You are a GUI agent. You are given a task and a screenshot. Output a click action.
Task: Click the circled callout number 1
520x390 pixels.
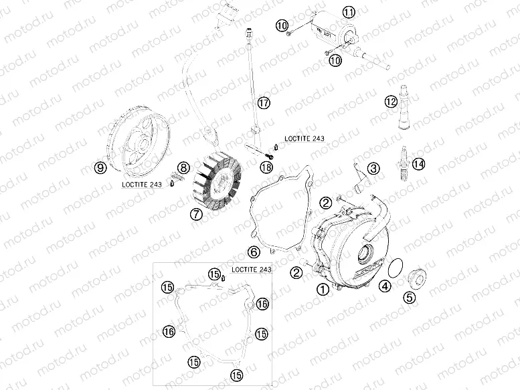click(323, 290)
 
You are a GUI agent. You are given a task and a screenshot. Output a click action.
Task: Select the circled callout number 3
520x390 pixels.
click(373, 168)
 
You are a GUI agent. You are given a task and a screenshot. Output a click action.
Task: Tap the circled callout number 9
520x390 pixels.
click(100, 169)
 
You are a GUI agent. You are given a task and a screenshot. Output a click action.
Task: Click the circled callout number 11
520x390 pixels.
click(349, 12)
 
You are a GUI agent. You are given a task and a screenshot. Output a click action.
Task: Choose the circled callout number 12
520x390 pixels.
click(390, 102)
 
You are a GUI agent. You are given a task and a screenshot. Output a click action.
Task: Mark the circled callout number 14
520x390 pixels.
click(418, 163)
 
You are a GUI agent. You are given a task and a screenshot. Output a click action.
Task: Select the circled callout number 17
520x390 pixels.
click(264, 102)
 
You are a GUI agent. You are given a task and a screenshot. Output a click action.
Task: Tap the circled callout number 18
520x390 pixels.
click(266, 167)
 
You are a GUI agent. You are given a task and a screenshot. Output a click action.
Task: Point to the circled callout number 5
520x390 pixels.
click(408, 298)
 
